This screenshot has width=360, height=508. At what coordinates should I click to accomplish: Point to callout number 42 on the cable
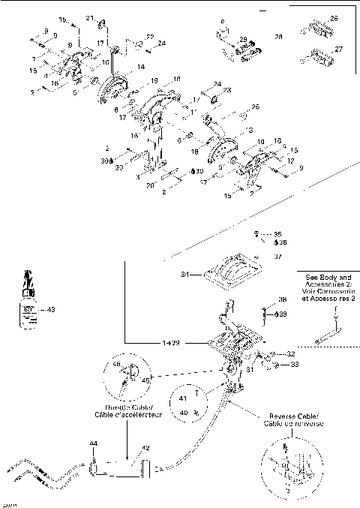click(145, 448)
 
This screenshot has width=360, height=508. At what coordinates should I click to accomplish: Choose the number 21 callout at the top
click(90, 18)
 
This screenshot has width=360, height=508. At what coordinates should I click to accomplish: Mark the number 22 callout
click(150, 37)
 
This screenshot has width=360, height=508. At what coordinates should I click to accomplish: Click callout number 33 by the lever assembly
click(294, 364)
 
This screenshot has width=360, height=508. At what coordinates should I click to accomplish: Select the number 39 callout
click(283, 314)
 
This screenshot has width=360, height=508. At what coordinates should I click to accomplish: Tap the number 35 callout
click(277, 233)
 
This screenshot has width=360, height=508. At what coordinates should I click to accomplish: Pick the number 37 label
click(277, 256)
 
